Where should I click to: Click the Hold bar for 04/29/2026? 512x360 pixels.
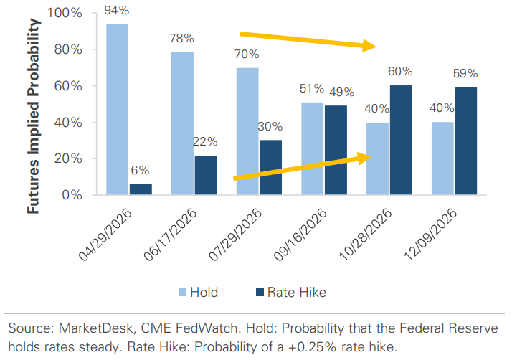pyautogui.click(x=118, y=110)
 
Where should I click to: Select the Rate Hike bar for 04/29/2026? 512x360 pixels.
pyautogui.click(x=141, y=189)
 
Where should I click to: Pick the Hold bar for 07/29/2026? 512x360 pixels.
pyautogui.click(x=247, y=131)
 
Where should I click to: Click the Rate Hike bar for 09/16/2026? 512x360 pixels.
pyautogui.click(x=336, y=150)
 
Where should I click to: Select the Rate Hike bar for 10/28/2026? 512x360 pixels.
pyautogui.click(x=400, y=140)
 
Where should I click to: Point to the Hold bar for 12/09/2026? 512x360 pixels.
pyautogui.click(x=442, y=158)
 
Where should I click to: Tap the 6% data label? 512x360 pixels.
pyautogui.click(x=141, y=171)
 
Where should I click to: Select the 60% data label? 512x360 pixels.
pyautogui.click(x=400, y=72)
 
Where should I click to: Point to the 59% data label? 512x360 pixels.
pyautogui.click(x=465, y=73)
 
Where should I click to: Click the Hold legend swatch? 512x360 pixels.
pyautogui.click(x=183, y=292)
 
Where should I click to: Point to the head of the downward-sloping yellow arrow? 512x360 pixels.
pyautogui.click(x=374, y=47)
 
